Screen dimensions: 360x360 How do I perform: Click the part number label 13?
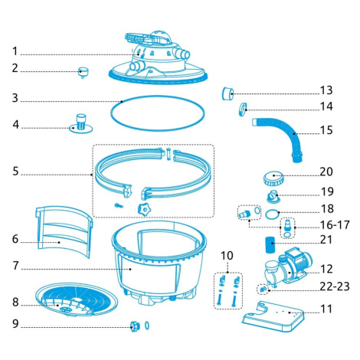pos(326,90)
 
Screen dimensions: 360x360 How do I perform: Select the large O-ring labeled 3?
pos(158,113)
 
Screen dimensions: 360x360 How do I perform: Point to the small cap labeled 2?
pos(83,72)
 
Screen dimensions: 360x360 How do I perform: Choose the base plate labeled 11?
pos(273,316)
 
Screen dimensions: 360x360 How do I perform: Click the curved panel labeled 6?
pos(64,231)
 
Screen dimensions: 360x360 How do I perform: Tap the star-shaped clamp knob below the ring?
pos(145,209)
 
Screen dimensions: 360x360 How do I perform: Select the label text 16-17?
pos(335,225)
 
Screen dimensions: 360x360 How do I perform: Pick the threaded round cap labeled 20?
pos(273,178)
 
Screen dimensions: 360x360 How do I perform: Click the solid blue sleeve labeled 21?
pos(270,245)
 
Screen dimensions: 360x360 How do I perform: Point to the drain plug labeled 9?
pos(135,326)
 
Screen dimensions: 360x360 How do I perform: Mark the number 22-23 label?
pos(335,286)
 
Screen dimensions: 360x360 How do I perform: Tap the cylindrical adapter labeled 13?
pos(227,93)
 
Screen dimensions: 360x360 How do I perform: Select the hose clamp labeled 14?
pos(243,109)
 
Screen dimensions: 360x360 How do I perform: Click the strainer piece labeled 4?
pos(81,124)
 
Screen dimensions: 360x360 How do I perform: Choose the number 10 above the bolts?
pos(227,256)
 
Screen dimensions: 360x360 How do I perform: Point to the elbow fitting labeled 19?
pos(273,197)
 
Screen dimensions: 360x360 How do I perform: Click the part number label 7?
pos(16,266)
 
